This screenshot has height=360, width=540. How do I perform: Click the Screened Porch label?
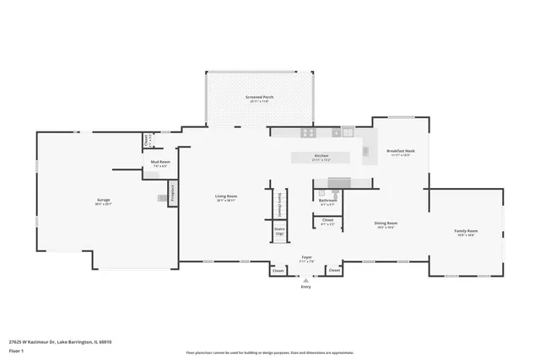tap(259, 98)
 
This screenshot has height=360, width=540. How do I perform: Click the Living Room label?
tap(225, 197)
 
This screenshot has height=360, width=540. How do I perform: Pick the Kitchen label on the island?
tap(321, 156)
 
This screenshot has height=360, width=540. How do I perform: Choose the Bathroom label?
tap(327, 201)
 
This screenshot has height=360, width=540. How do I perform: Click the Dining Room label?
tap(386, 224)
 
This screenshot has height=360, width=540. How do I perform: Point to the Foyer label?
tap(307, 259)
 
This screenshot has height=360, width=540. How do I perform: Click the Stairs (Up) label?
tap(279, 230)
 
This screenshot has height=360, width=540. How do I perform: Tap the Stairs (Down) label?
tap(279, 203)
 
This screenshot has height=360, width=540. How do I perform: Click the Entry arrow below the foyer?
tap(306, 285)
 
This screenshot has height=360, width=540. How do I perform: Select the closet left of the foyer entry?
tap(278, 271)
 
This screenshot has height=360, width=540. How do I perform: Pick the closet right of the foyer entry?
tap(333, 271)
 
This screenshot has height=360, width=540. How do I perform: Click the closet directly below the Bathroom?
tap(327, 222)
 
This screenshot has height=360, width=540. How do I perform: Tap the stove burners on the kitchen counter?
tap(308, 132)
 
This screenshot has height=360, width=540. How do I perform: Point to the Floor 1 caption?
tap(16, 350)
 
